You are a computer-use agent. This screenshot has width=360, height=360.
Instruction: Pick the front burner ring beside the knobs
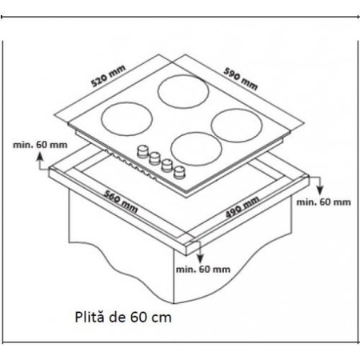coord(194,149)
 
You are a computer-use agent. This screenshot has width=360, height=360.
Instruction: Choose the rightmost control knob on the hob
coord(179,170)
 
